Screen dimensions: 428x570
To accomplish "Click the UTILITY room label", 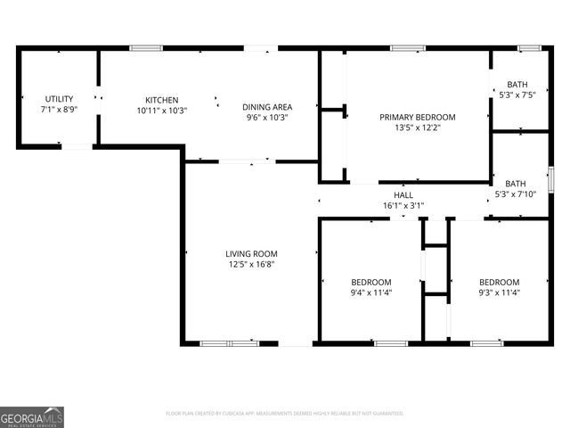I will tap(59, 99).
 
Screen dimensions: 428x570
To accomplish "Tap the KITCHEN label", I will tap(162, 100).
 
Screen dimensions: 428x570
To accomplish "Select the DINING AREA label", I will tap(266, 107).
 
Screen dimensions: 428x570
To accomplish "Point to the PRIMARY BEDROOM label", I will tap(417, 117).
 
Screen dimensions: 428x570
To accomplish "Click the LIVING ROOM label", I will tap(251, 253).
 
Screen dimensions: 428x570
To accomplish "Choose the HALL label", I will tap(403, 194).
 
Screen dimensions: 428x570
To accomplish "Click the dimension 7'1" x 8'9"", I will tap(59, 109).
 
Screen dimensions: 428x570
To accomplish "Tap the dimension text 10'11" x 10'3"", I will tap(162, 110).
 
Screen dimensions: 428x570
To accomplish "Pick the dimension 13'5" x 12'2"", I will tap(417, 128).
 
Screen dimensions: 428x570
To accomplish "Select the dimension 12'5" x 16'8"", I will tap(251, 264).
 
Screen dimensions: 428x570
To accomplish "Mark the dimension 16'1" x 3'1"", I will tap(403, 205).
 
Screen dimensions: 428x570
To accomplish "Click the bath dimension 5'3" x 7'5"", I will tap(517, 95).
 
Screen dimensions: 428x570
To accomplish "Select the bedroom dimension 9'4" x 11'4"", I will tap(370, 292).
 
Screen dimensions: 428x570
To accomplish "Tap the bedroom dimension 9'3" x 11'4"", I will tap(500, 292).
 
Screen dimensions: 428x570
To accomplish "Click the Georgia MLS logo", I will tap(32, 416).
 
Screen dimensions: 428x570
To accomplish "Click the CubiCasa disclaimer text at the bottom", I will tap(285, 414).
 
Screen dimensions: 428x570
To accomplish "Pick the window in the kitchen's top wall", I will tap(141, 47).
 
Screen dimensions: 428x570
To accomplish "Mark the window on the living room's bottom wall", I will tap(216, 343).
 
